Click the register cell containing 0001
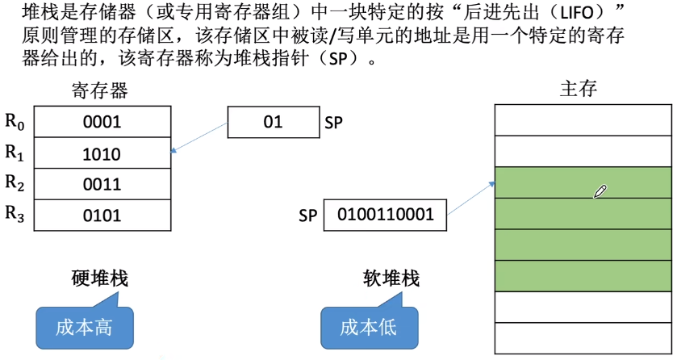click(x=102, y=123)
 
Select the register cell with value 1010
click(x=102, y=154)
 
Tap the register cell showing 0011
click(x=102, y=184)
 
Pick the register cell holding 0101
click(x=102, y=215)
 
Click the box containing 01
click(x=273, y=123)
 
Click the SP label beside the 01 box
click(x=335, y=123)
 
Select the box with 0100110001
click(x=385, y=215)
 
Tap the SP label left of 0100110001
click(x=307, y=216)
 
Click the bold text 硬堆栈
click(x=100, y=279)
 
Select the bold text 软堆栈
click(x=391, y=279)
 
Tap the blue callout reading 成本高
click(x=84, y=327)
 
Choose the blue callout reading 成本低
click(x=369, y=328)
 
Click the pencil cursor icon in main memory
click(x=600, y=191)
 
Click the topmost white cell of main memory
click(x=583, y=120)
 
